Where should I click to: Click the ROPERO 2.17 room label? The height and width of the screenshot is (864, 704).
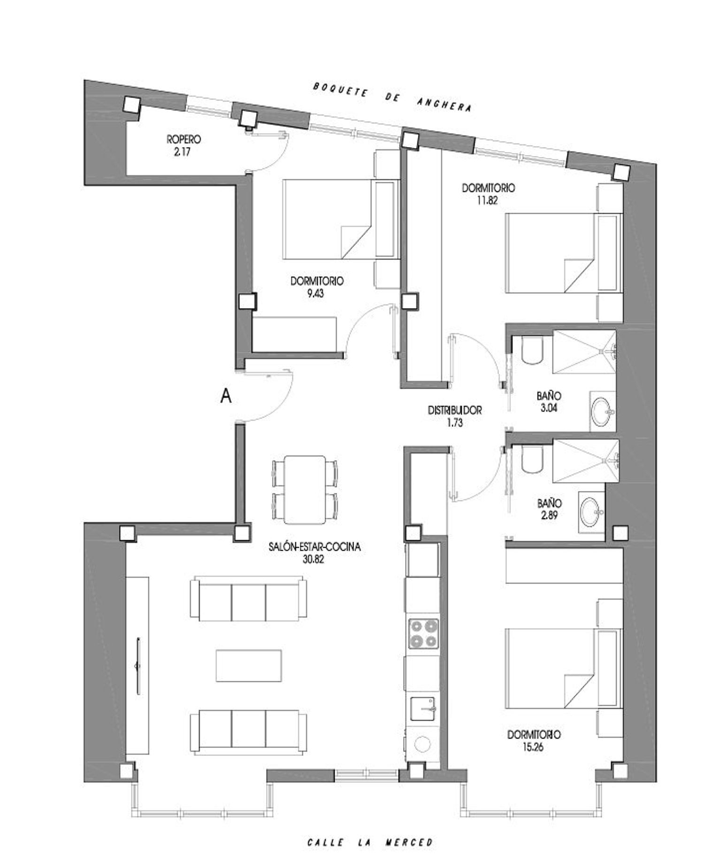click(x=184, y=145)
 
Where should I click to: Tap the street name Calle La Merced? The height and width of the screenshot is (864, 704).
click(x=370, y=842)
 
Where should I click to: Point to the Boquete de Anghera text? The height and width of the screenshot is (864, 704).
click(x=392, y=97)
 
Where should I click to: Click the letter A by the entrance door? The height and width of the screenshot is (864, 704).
click(x=226, y=397)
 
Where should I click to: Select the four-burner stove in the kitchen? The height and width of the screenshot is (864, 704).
click(x=423, y=634)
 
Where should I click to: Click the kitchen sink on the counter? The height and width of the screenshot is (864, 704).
click(x=423, y=709)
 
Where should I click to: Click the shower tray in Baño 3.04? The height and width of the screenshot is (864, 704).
click(x=584, y=352)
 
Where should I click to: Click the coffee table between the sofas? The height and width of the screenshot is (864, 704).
click(x=249, y=666)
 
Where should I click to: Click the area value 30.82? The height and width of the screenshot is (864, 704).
click(x=314, y=560)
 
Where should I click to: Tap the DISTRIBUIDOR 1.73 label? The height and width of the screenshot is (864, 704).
click(x=454, y=416)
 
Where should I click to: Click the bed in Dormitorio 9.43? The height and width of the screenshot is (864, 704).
click(x=336, y=219)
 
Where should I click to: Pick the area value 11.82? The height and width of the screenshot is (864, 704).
click(x=486, y=200)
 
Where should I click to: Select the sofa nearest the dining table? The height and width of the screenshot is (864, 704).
click(x=249, y=600)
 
